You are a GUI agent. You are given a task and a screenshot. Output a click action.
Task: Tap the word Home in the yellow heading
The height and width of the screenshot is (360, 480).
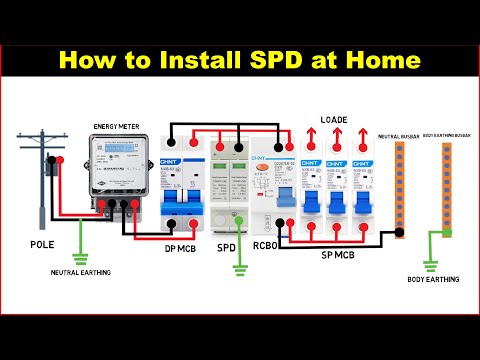(x=382, y=60)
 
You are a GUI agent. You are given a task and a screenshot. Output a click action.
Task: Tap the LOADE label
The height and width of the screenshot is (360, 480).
(x=333, y=120)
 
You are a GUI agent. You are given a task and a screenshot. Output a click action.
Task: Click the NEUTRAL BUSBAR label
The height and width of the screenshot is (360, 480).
(x=399, y=133)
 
